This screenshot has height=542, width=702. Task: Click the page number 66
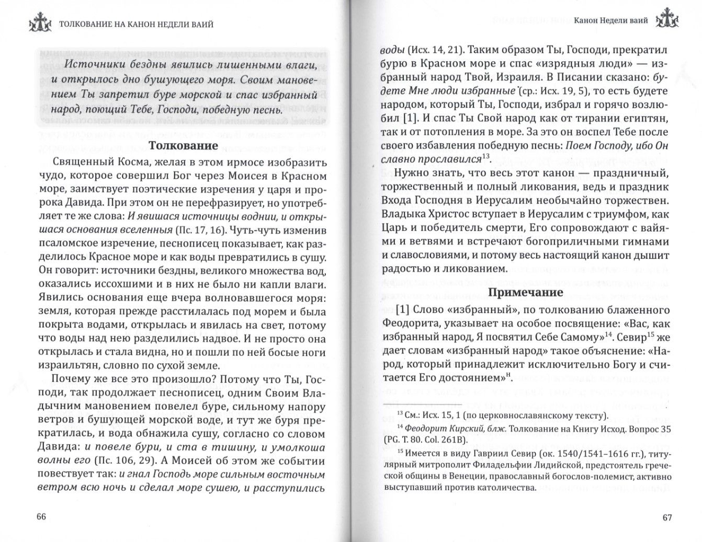[41, 517]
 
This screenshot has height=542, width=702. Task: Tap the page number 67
[667, 517]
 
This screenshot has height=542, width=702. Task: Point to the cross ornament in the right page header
[668, 21]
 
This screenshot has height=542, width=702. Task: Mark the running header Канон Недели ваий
[610, 21]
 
